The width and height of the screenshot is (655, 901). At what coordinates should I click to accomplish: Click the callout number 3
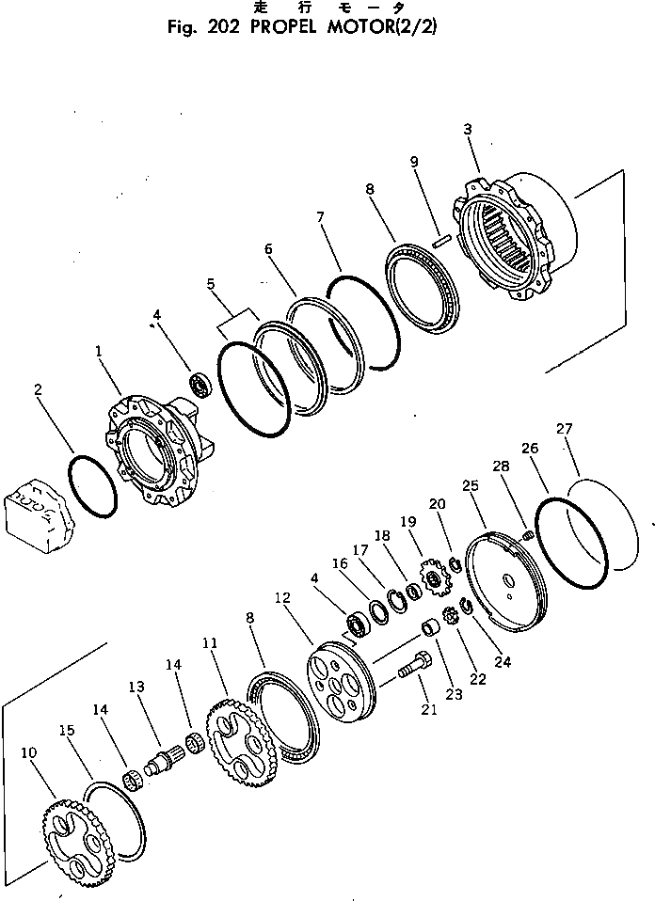(x=468, y=130)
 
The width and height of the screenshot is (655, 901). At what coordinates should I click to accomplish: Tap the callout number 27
(x=564, y=431)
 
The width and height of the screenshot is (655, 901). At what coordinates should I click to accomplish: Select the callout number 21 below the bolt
(x=429, y=709)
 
